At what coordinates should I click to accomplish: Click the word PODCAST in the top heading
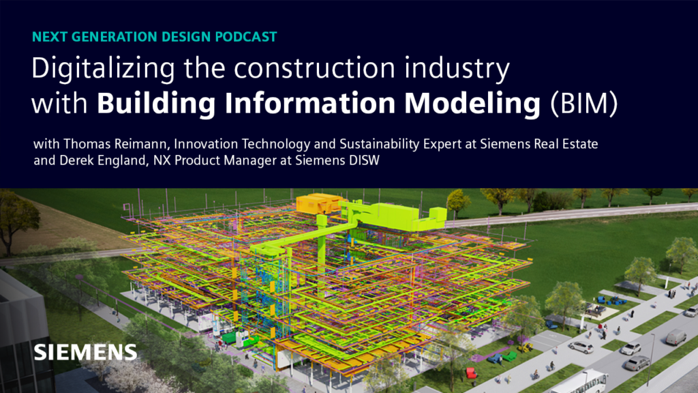247,37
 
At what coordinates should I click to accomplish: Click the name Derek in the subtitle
76,161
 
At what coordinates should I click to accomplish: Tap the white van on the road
675,336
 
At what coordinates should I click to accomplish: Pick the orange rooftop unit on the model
321,203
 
